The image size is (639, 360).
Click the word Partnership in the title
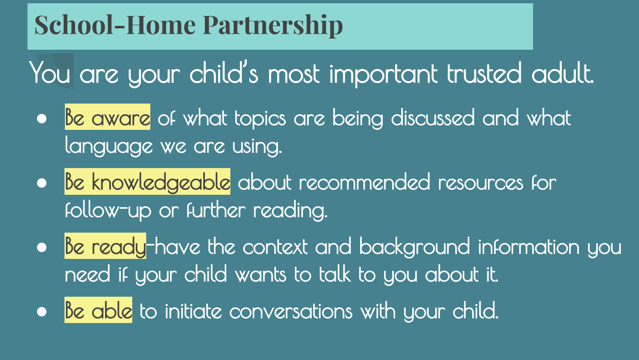pos(273,25)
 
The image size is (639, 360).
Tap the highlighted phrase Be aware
pos(108,117)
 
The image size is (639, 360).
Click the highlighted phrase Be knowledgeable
pos(147,182)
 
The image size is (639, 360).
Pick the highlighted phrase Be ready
pos(105,246)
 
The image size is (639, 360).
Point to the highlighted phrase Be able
pos(99,310)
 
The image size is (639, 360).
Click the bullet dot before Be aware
pos(41,118)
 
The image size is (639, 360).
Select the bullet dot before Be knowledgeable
pos(41,183)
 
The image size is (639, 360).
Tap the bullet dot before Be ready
pos(41,247)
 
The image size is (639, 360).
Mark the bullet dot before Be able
pos(41,312)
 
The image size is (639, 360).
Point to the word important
pos(383,74)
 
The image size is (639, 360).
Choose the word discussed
pos(433,118)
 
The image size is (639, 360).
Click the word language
pos(109,146)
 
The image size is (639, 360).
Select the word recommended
pos(364,182)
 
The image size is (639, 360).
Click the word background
pos(414,247)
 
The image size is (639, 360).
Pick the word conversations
pos(291,311)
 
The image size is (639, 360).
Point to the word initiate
pos(193,310)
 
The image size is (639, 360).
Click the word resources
pos(480,183)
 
